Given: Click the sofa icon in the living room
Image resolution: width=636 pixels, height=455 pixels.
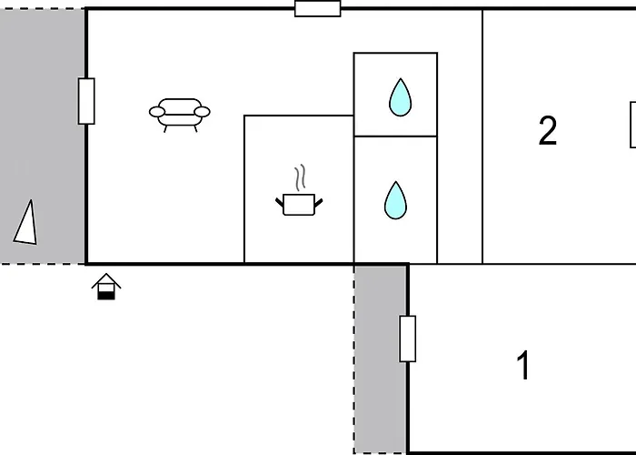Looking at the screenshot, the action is click(x=180, y=115).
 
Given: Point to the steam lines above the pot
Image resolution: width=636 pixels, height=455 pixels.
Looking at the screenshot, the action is click(x=300, y=177).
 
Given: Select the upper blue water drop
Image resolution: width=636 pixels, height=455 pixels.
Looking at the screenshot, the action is click(x=401, y=97).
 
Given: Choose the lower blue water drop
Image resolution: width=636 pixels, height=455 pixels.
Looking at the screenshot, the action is click(x=395, y=200).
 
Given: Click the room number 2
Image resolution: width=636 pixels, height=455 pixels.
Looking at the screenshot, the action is click(x=548, y=130).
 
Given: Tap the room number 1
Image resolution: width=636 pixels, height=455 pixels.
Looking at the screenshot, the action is click(x=523, y=365).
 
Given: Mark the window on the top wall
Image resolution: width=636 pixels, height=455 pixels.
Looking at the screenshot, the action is click(x=318, y=8).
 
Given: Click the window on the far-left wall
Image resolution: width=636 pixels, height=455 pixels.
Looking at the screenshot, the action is click(x=86, y=101).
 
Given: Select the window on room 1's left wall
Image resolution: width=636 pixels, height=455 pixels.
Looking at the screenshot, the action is click(x=408, y=339).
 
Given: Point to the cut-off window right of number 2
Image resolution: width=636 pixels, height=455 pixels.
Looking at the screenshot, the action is click(x=632, y=125).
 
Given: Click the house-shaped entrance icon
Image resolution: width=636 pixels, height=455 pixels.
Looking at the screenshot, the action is click(x=106, y=287).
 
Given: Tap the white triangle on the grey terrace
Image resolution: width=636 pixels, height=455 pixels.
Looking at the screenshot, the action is click(x=26, y=224).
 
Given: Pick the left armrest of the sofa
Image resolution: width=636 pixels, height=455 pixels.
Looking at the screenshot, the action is click(x=157, y=112).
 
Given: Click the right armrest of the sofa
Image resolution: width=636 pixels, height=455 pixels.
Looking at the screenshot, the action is click(x=202, y=112).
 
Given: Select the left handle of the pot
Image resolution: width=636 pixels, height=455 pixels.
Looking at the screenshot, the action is click(x=280, y=202).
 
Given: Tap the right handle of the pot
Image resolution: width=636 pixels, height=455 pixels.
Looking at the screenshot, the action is click(x=318, y=202).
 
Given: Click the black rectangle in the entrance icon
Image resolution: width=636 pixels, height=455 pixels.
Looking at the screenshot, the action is click(x=106, y=296).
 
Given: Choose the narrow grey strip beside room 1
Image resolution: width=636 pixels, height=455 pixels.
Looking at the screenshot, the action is click(x=381, y=359).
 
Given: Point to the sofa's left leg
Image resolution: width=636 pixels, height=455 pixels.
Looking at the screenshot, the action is click(x=165, y=129).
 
